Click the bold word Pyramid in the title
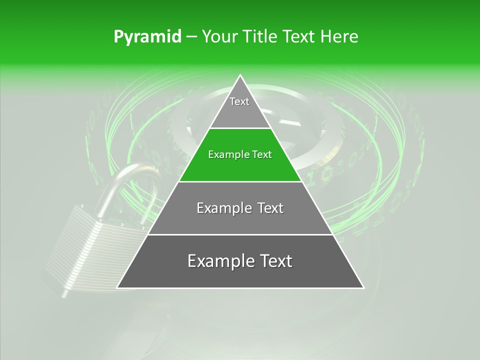(147, 37)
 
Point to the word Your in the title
(218, 37)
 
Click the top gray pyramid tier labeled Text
(239, 107)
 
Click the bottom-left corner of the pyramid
(118, 287)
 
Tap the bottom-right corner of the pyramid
(362, 287)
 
